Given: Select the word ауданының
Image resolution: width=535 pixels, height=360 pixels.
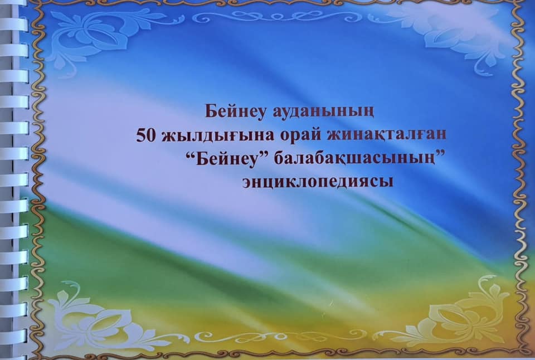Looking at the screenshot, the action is point(323,112).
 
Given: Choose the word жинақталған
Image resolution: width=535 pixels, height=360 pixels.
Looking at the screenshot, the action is point(387,135).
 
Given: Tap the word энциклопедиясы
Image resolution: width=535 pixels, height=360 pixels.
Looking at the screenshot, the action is point(318,182).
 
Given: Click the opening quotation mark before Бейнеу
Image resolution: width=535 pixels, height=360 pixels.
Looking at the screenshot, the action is point(191,155).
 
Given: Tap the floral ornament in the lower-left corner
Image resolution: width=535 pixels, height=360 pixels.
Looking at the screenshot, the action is point(103,317).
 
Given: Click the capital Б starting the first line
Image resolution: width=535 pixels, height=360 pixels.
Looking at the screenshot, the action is point(211,111).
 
